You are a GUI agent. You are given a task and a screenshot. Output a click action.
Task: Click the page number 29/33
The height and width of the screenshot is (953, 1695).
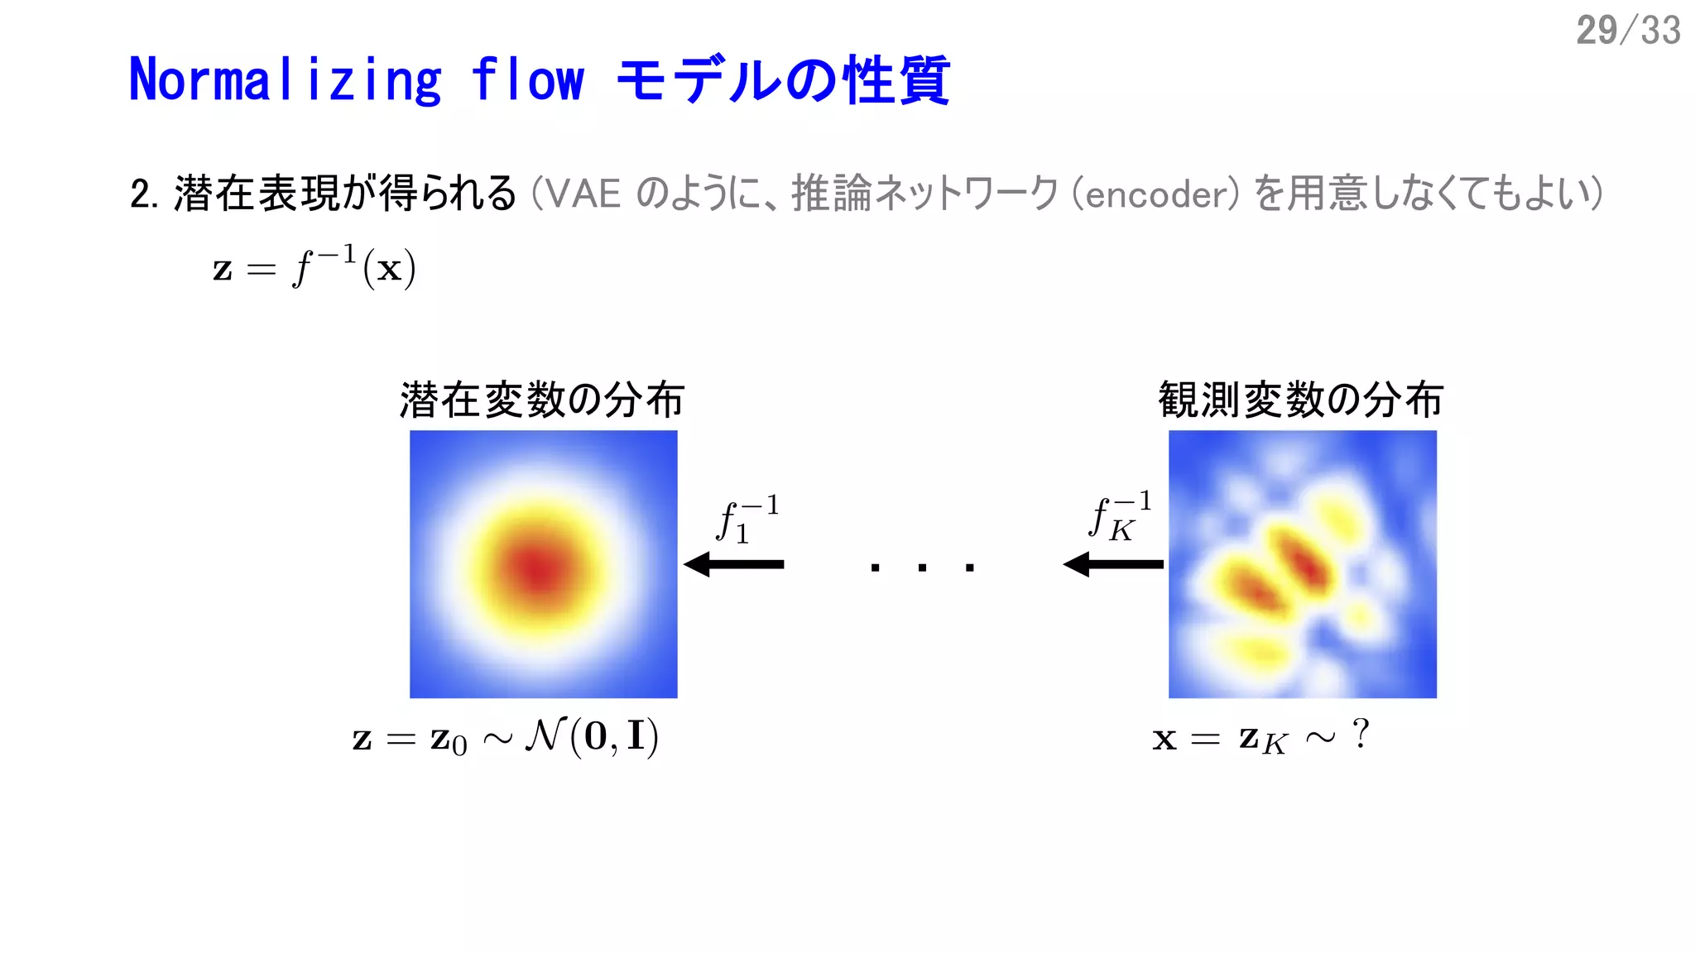tap(1627, 31)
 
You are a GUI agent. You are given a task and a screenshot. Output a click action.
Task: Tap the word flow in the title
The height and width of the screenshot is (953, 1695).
tap(527, 80)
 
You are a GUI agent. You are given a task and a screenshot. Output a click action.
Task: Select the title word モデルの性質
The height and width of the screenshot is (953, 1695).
tap(783, 80)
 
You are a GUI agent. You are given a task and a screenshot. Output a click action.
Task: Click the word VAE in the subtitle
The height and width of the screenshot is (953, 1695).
tap(583, 194)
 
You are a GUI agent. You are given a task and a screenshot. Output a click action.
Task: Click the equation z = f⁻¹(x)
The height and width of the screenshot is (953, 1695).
tap(314, 266)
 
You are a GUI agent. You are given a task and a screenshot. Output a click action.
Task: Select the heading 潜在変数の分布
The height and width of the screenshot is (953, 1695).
tap(542, 400)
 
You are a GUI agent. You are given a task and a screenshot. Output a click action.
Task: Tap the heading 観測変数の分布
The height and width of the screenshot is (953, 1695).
tap(1301, 400)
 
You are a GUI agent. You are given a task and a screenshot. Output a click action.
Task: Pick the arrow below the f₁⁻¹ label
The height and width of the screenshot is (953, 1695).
tap(734, 564)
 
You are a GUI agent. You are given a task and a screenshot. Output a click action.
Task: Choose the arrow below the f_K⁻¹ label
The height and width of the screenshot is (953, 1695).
tap(1113, 564)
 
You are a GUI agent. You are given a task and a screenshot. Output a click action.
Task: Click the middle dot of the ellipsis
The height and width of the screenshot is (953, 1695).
tap(922, 567)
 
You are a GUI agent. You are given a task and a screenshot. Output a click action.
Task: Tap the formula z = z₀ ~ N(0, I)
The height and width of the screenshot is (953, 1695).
tap(505, 737)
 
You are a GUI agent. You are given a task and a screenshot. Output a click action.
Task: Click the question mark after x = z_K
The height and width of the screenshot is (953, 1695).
tap(1360, 733)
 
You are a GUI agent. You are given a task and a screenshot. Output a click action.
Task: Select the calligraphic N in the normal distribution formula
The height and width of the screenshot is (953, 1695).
tap(545, 735)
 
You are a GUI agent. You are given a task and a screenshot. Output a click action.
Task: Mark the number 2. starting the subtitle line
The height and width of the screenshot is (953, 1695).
tap(143, 195)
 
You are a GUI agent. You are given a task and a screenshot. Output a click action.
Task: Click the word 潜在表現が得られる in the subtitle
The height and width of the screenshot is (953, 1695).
tap(345, 194)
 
